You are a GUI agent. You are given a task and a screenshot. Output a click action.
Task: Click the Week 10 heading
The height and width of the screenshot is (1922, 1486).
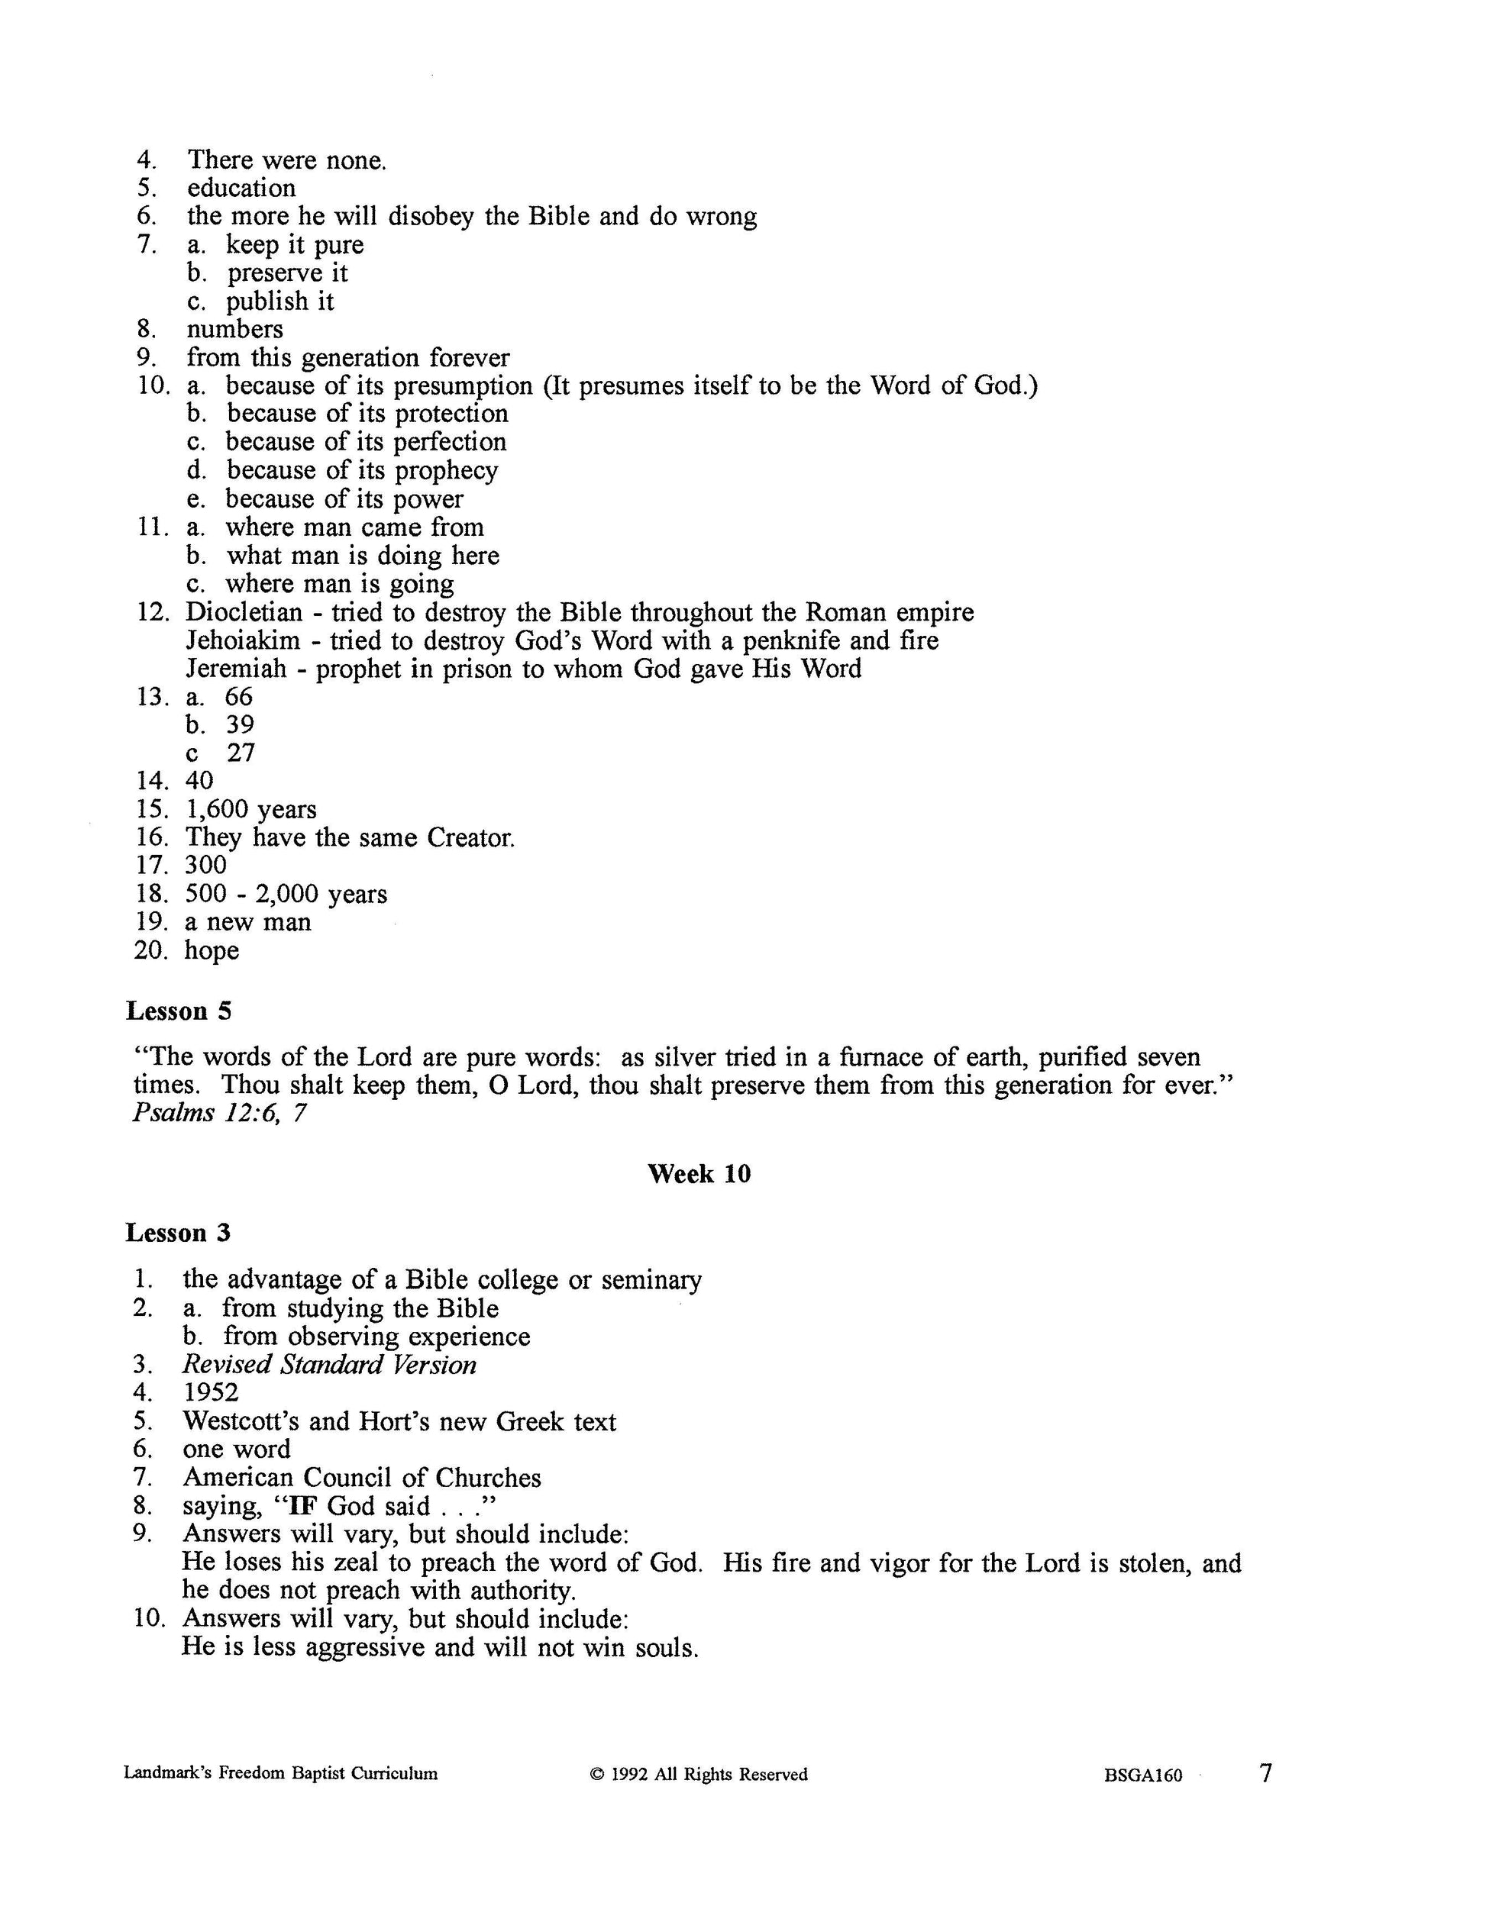[x=699, y=1174]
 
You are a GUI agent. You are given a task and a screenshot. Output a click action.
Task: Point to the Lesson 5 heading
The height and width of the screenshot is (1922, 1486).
[x=179, y=1011]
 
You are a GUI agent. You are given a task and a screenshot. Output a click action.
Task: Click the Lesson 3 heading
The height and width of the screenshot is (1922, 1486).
[x=179, y=1233]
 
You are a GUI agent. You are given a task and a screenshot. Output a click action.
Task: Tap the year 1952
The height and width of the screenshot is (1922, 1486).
[x=212, y=1392]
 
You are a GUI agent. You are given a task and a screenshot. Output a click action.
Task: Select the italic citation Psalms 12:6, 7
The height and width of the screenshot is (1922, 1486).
[x=219, y=1113]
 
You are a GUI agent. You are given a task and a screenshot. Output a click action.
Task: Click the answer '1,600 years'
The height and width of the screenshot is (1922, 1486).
[x=251, y=810]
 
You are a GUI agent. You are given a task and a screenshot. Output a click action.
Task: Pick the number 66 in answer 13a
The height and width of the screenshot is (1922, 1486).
[x=240, y=697]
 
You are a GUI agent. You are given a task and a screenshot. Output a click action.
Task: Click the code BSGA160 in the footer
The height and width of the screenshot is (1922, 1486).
[x=1142, y=1775]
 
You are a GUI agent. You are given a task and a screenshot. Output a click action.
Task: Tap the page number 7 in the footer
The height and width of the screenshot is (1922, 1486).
[x=1266, y=1772]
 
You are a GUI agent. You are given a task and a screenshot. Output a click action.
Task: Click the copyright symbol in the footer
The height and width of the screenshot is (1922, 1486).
[x=596, y=1775]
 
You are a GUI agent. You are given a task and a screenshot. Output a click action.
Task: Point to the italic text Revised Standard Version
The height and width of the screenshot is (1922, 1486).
[x=329, y=1365]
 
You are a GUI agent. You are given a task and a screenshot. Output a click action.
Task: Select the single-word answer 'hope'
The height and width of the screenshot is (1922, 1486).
[x=212, y=951]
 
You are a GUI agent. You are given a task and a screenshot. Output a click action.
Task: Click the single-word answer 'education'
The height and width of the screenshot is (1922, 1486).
[x=241, y=189]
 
